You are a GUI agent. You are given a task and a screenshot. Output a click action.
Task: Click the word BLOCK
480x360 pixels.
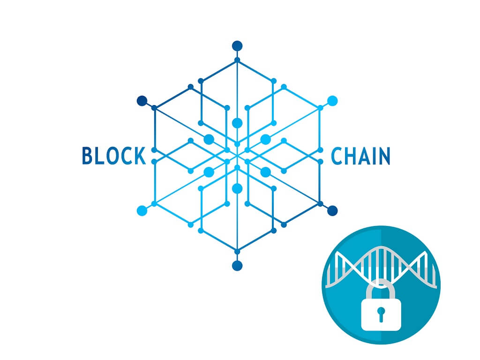(114, 156)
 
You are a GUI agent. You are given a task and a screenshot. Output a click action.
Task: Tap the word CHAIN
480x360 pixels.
(360, 156)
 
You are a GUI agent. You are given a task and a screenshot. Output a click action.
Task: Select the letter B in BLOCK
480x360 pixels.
(87, 156)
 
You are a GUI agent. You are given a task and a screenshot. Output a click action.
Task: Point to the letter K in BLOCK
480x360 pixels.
(140, 156)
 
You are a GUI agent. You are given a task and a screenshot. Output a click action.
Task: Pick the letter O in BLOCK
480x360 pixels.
(111, 156)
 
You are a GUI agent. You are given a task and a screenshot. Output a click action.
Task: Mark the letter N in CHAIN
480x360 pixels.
(384, 156)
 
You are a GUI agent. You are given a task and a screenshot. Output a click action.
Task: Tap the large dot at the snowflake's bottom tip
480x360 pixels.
(237, 266)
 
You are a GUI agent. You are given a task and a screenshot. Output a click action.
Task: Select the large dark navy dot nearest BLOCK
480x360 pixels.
(142, 101)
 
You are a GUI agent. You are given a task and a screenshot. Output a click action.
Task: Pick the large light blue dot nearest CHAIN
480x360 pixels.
(332, 101)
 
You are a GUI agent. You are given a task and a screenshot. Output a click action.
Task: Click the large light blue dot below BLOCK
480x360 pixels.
(142, 210)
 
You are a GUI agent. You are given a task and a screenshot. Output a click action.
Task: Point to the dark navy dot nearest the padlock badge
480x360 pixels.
(332, 210)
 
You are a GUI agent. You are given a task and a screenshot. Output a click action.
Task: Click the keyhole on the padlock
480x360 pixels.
(381, 314)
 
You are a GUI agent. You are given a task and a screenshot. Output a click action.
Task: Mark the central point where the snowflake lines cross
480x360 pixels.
(237, 156)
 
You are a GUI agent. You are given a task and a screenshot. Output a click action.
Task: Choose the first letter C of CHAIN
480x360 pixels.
(337, 156)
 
